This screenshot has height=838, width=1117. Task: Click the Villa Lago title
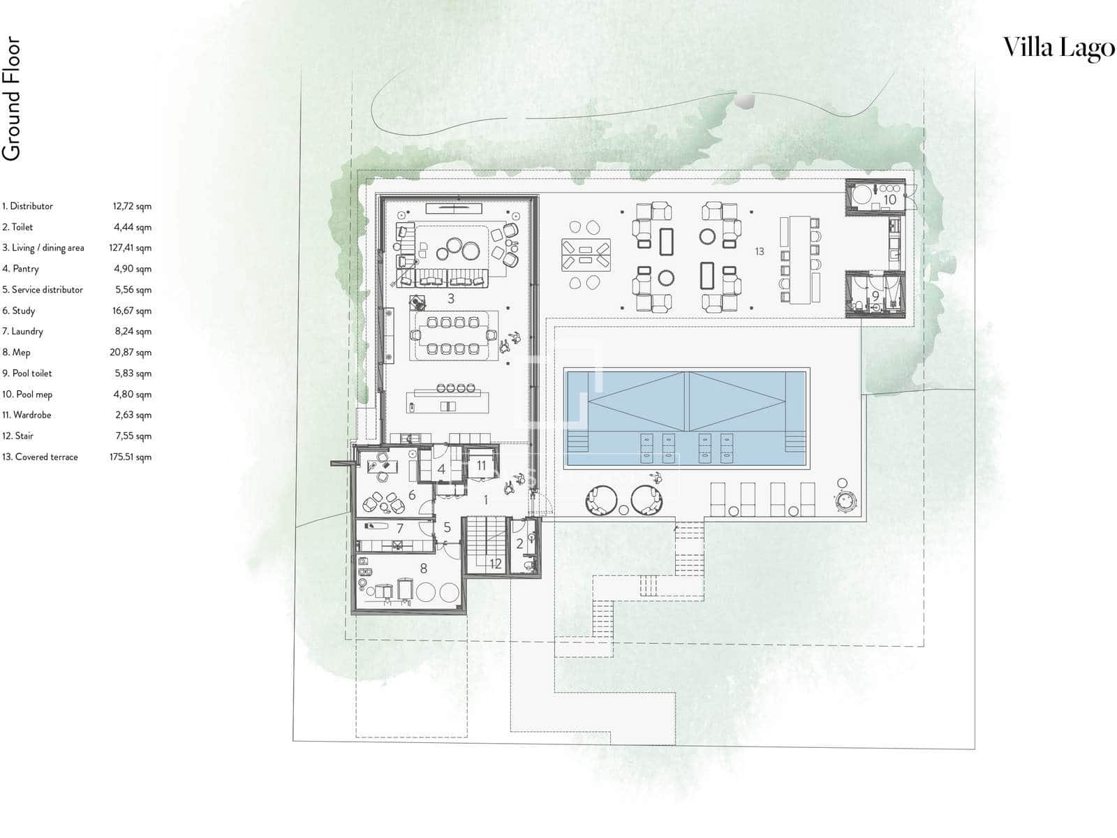[x=1058, y=49]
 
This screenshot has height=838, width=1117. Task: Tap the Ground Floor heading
[x=11, y=98]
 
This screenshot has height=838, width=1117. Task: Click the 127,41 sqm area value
[x=131, y=248]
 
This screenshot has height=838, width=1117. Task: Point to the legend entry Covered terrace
[x=40, y=457]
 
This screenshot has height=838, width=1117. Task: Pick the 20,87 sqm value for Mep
[x=131, y=352]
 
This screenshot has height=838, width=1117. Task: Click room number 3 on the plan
[x=450, y=299]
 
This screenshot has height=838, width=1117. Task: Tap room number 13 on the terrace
[x=760, y=251]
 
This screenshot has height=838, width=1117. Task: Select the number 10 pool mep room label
[x=889, y=200]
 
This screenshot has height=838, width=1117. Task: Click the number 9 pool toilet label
[x=875, y=295]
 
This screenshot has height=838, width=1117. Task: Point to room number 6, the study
[x=412, y=494]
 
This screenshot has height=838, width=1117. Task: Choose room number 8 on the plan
[x=423, y=568]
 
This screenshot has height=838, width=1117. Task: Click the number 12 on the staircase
[x=495, y=564]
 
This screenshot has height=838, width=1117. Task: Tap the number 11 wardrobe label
[x=481, y=466]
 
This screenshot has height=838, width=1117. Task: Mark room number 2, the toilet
[x=519, y=544]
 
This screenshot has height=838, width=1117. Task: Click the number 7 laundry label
[x=400, y=529]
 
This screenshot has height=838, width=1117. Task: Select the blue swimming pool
[x=686, y=418]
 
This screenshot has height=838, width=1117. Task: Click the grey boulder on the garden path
[x=744, y=101]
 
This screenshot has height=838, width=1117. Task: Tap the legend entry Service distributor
[x=43, y=290]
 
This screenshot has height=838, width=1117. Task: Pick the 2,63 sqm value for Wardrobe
[x=133, y=415]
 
